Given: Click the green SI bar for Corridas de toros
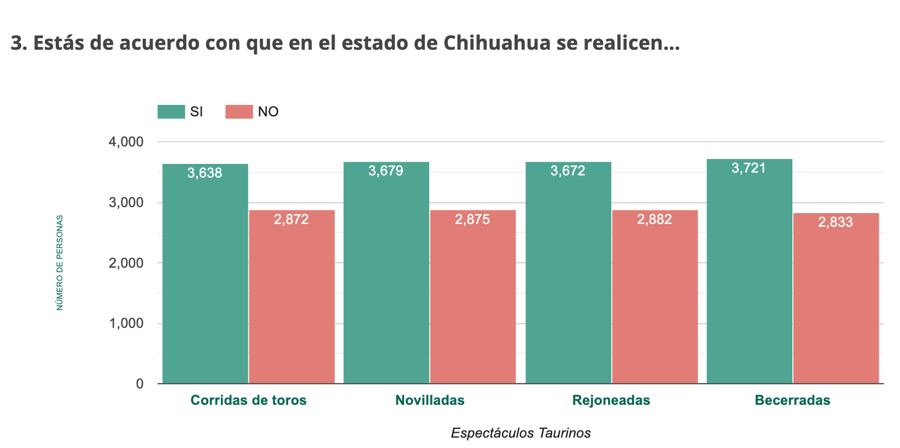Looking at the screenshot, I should pyautogui.click(x=205, y=273).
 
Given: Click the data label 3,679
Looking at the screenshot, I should pyautogui.click(x=386, y=171).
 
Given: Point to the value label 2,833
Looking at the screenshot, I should pyautogui.click(x=835, y=222).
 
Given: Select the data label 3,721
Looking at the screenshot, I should pyautogui.click(x=749, y=168).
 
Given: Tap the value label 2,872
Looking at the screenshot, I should pyautogui.click(x=291, y=220).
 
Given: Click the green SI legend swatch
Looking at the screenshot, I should pyautogui.click(x=171, y=112).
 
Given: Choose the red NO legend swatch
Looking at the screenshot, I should pyautogui.click(x=239, y=112).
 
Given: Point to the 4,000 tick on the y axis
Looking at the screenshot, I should pyautogui.click(x=126, y=142).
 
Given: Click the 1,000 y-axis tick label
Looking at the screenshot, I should pyautogui.click(x=126, y=323).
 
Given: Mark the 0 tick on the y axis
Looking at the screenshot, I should pyautogui.click(x=140, y=384).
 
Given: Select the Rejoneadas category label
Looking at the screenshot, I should pyautogui.click(x=611, y=400).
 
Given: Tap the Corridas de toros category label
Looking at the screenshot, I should pyautogui.click(x=248, y=400).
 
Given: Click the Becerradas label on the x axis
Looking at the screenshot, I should pyautogui.click(x=792, y=400).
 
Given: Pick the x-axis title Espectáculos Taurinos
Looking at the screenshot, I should pyautogui.click(x=521, y=433).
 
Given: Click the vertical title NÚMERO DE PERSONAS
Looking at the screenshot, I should pyautogui.click(x=60, y=263).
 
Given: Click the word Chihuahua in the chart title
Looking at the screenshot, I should pyautogui.click(x=496, y=43).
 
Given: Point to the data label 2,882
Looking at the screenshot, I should pyautogui.click(x=654, y=220).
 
